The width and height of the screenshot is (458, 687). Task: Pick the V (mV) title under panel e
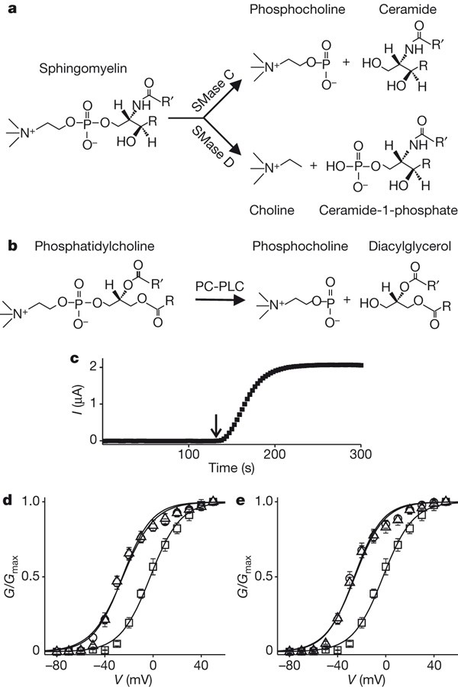click(x=372, y=678)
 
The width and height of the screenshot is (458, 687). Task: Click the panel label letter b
click(x=11, y=247)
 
